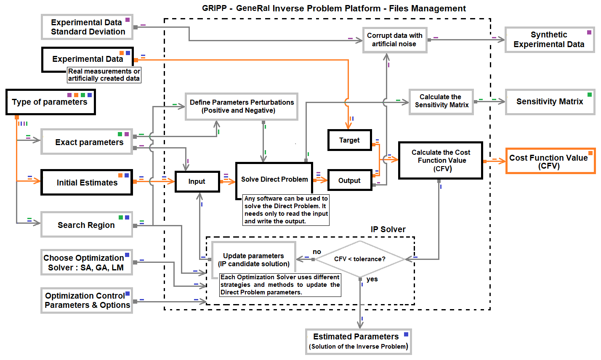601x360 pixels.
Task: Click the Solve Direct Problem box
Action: tap(274, 179)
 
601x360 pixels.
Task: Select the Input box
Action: tap(197, 181)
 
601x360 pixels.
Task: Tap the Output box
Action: tap(349, 180)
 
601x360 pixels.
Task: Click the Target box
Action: tap(349, 140)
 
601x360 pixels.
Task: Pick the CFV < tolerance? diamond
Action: tap(360, 259)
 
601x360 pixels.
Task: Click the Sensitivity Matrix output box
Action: tap(550, 101)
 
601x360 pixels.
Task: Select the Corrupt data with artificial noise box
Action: tap(394, 40)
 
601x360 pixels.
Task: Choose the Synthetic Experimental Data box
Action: tap(549, 40)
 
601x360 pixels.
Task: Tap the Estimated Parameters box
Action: tap(358, 341)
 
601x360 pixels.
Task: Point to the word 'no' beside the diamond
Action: tap(317, 251)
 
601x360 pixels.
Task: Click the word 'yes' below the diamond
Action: tap(372, 279)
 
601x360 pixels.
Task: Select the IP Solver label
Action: tap(388, 229)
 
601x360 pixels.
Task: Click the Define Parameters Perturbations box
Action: tap(241, 106)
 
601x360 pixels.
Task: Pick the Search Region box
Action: tap(86, 225)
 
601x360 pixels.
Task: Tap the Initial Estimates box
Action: tap(87, 183)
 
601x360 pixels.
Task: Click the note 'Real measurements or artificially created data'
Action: tap(104, 75)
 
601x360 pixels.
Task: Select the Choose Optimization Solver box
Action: tap(86, 263)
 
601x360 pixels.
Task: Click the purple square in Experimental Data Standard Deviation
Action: tap(128, 20)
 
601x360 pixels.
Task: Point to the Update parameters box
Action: tap(253, 260)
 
